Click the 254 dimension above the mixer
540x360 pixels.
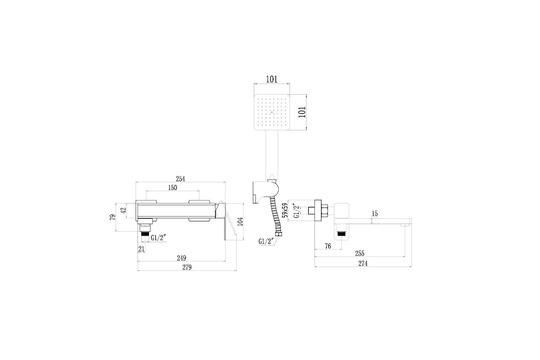point(180,179)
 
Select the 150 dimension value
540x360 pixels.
point(173,187)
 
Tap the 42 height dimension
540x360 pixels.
point(123,211)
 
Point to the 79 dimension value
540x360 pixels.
point(112,217)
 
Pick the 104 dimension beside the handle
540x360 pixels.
point(240,221)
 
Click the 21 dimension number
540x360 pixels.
point(141,249)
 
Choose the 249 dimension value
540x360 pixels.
point(181,258)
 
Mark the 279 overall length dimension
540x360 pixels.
point(187,267)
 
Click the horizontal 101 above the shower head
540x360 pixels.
point(272,79)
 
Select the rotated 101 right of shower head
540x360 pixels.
point(302,112)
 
